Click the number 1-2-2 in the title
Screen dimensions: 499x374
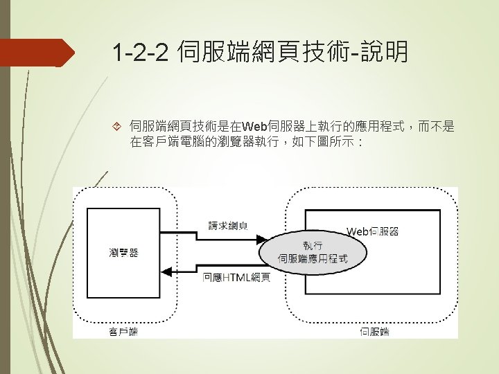[141, 53]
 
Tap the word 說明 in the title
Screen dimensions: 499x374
[384, 53]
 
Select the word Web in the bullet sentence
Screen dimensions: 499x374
[254, 126]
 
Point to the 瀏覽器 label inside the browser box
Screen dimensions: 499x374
[123, 252]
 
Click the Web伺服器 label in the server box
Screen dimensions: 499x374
[372, 231]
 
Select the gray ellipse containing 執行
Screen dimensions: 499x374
[305, 252]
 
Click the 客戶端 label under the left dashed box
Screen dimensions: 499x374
[123, 332]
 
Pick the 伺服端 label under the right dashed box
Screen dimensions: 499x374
[374, 332]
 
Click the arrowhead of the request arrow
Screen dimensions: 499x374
[263, 240]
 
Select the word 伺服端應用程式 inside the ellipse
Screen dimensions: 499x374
[313, 259]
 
